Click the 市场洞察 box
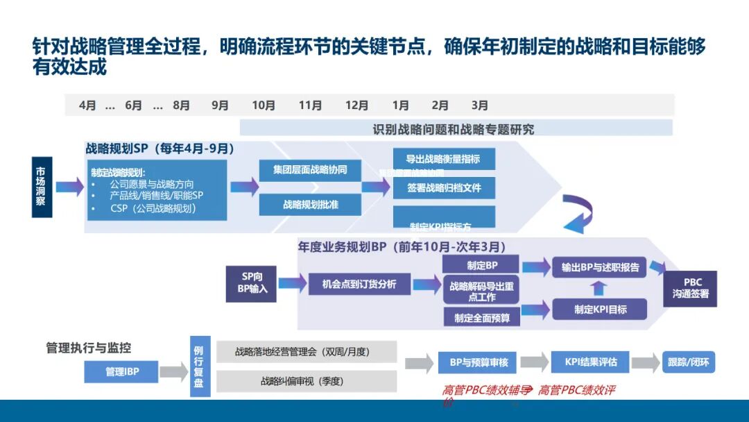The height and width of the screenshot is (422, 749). click(x=42, y=187)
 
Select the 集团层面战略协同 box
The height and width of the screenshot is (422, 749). click(x=310, y=170)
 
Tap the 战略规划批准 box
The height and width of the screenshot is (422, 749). click(x=310, y=205)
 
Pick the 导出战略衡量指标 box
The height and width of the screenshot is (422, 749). click(x=443, y=158)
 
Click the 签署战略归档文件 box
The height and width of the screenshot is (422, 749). click(x=443, y=188)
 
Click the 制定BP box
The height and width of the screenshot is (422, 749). click(x=481, y=265)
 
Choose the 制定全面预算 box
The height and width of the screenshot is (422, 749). click(x=481, y=317)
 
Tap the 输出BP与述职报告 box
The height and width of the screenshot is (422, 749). click(x=600, y=267)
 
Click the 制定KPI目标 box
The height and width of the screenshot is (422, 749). click(x=600, y=310)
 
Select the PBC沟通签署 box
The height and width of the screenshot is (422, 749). click(x=691, y=288)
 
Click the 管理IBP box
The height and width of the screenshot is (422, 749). click(x=122, y=372)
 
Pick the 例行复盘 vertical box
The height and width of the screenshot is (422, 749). click(x=200, y=366)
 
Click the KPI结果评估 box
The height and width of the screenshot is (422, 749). click(x=590, y=362)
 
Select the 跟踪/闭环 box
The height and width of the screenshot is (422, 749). click(x=688, y=362)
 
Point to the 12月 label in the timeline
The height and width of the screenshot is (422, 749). click(x=356, y=105)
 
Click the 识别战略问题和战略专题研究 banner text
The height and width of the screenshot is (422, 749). click(x=454, y=129)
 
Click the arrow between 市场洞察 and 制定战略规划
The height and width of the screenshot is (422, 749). click(x=69, y=187)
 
